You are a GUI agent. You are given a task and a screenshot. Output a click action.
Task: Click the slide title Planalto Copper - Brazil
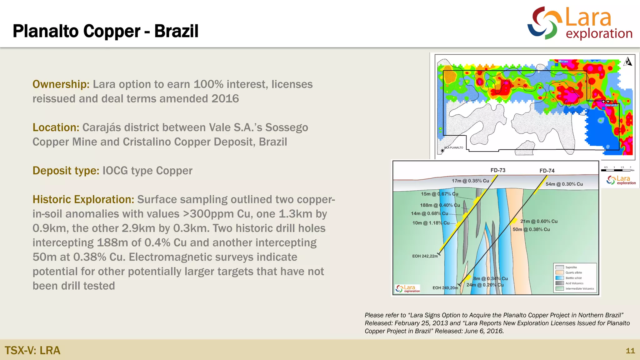coord(105,31)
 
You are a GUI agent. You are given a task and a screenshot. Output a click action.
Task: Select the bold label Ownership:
coord(61,84)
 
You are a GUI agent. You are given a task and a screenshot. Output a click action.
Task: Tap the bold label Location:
coord(56,127)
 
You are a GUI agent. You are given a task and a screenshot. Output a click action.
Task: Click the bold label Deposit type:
coord(66,171)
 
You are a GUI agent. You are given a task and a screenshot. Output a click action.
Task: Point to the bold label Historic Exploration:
coord(83,199)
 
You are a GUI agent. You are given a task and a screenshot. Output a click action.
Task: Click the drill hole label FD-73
coord(498,170)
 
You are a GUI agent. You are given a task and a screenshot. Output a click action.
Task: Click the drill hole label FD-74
coord(547,171)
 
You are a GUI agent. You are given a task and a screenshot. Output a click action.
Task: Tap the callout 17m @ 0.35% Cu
coord(470,181)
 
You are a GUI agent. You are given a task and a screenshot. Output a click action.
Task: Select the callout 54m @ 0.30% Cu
coord(564,184)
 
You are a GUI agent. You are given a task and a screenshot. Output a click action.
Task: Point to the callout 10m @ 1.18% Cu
coord(431,223)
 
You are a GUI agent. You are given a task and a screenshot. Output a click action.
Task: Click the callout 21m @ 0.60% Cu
coord(539,221)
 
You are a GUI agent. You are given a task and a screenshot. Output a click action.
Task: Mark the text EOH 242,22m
coord(425,256)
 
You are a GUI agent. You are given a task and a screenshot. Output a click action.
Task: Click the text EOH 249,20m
coord(445,288)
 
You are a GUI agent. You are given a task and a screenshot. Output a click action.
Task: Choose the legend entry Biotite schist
coord(573,278)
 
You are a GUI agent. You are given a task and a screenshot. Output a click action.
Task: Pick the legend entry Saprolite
coord(571,267)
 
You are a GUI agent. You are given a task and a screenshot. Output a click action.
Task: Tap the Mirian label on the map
coord(563,62)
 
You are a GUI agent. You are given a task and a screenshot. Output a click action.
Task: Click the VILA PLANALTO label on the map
coord(454,147)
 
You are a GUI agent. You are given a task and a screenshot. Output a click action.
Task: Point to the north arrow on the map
coord(627,62)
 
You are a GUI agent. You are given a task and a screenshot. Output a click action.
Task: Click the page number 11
coord(630,351)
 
